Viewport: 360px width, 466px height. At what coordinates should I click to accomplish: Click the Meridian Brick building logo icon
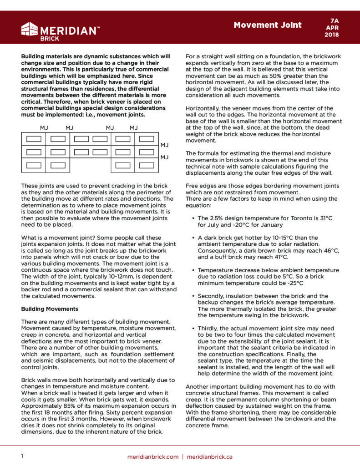pyautogui.click(x=30, y=29)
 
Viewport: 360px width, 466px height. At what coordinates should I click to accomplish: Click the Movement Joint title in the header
pyautogui.click(x=268, y=25)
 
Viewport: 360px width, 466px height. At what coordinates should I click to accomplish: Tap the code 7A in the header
pyautogui.click(x=335, y=20)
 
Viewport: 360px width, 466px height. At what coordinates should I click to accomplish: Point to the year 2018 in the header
pyautogui.click(x=335, y=34)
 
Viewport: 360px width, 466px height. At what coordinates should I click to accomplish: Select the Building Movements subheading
pyautogui.click(x=50, y=309)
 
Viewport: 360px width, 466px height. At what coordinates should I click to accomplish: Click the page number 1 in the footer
pyautogui.click(x=22, y=456)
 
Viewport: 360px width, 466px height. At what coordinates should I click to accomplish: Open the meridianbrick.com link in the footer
pyautogui.click(x=153, y=456)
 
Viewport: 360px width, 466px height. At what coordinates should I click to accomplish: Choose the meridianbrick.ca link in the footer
pyautogui.click(x=209, y=456)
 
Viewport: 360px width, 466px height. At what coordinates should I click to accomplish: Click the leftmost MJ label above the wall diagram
pyautogui.click(x=44, y=128)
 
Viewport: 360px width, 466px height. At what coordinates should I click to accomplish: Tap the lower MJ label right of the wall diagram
pyautogui.click(x=165, y=157)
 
